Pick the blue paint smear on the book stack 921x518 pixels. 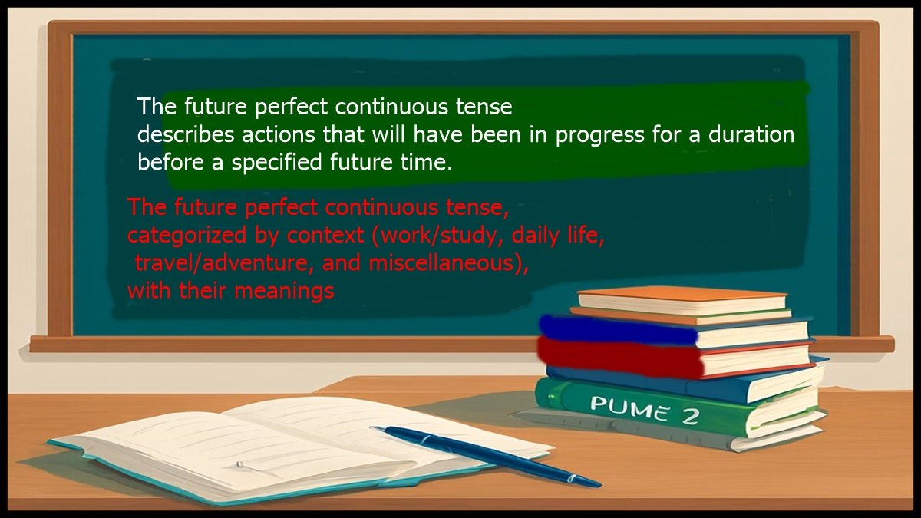(x=614, y=329)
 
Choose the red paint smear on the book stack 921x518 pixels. (x=614, y=357)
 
